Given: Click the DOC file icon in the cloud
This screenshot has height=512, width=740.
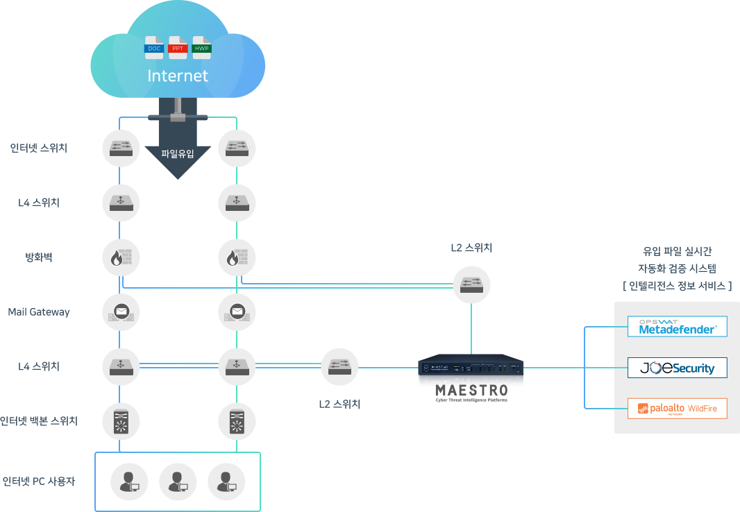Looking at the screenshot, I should tap(154, 47).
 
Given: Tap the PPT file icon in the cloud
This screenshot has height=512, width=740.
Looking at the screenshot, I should tap(178, 47).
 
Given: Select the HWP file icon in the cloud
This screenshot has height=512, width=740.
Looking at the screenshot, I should tap(202, 47).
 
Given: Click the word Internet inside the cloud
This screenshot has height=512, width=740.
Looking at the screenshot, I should tap(178, 76).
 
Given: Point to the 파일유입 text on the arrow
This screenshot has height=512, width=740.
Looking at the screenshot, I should tap(178, 153).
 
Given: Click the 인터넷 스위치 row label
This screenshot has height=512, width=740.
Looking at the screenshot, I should tap(39, 148).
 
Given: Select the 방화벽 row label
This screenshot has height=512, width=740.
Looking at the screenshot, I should tap(39, 257).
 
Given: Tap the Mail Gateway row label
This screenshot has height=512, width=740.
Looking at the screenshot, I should tap(39, 312).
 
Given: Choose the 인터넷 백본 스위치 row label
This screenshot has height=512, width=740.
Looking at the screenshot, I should tap(39, 421).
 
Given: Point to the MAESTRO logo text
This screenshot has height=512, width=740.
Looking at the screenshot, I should tap(471, 391).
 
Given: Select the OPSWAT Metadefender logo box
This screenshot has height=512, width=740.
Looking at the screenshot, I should tap(677, 327).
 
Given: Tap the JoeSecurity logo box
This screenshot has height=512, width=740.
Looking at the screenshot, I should tap(677, 368).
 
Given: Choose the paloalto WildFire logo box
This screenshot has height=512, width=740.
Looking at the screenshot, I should tap(677, 409).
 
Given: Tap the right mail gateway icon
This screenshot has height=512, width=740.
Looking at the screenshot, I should tap(237, 312).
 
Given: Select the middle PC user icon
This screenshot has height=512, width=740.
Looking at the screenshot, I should tap(178, 481).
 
